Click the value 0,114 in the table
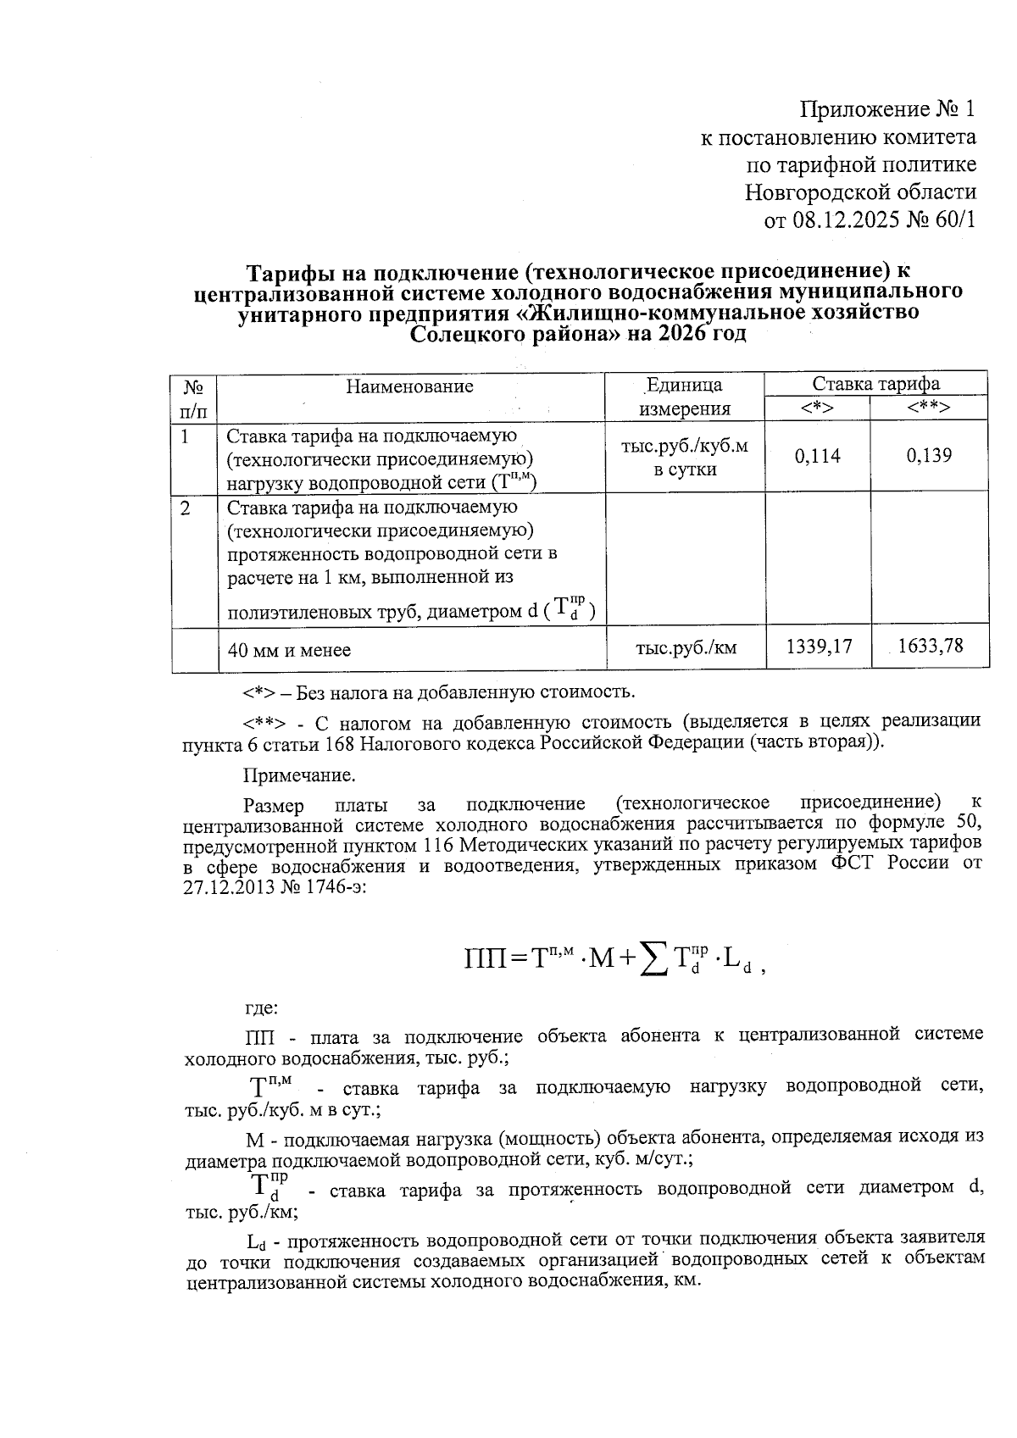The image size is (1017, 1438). pos(817,456)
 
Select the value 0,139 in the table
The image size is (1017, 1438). pos(929,456)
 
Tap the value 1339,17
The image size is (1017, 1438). pos(818,647)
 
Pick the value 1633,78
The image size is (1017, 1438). pos(930,647)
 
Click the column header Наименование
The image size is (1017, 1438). pos(409,386)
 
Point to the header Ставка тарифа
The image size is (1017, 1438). pos(875,384)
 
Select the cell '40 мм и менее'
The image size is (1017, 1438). pos(289,651)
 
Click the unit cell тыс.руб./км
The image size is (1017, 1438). pos(686,648)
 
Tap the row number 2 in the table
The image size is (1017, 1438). pos(186,508)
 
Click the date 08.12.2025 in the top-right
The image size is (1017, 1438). pos(849,220)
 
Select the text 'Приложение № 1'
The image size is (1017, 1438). pos(888,109)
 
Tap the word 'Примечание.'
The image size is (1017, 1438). pos(299,775)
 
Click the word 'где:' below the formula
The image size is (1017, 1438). pos(260,1008)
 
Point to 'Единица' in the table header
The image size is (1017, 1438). pos(683,386)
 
